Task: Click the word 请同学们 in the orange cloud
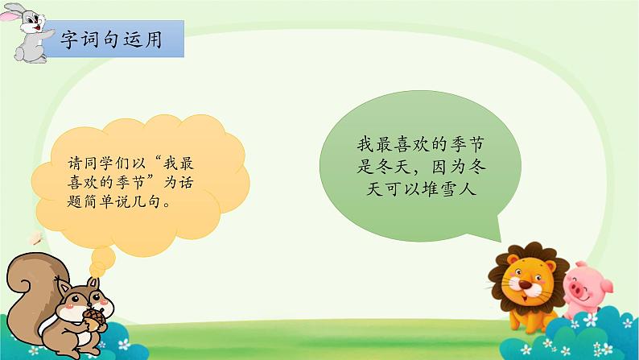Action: pos(94,163)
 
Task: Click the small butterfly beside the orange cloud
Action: pos(35,238)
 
